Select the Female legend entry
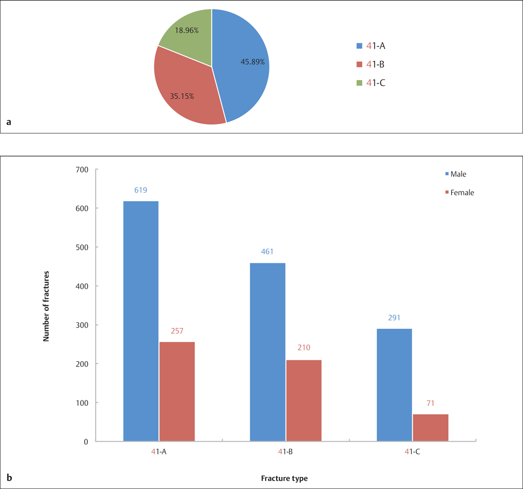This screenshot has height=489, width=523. [x=460, y=193]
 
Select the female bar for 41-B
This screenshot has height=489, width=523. [x=303, y=401]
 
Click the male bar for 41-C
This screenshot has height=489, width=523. [x=394, y=385]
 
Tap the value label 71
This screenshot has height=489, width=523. [x=430, y=404]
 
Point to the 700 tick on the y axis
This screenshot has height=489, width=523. [x=82, y=170]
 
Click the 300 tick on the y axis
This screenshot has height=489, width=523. [x=82, y=325]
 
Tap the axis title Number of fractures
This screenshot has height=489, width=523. [x=46, y=306]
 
